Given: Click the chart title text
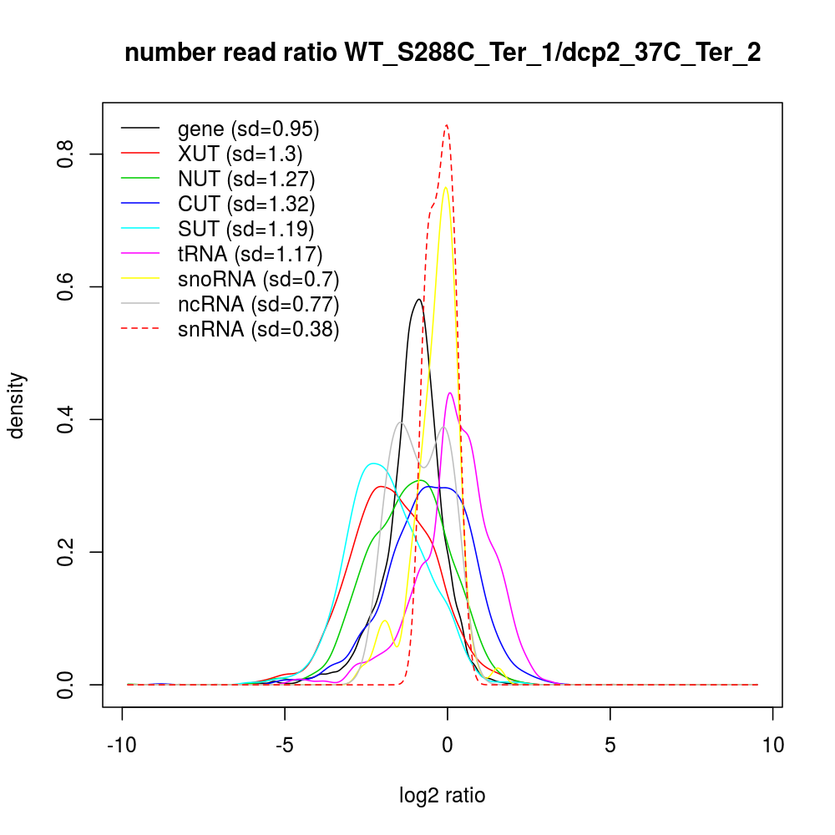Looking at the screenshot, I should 443,54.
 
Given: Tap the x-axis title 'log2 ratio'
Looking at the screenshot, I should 443,795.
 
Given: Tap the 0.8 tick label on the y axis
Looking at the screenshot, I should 67,154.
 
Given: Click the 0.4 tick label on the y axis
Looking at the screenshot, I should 67,419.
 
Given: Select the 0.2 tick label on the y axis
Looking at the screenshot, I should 67,552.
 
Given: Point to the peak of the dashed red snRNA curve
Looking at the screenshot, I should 447,125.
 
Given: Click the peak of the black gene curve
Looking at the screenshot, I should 418,299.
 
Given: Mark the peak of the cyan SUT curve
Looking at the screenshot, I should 372,463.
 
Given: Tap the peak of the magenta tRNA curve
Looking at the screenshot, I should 450,392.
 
